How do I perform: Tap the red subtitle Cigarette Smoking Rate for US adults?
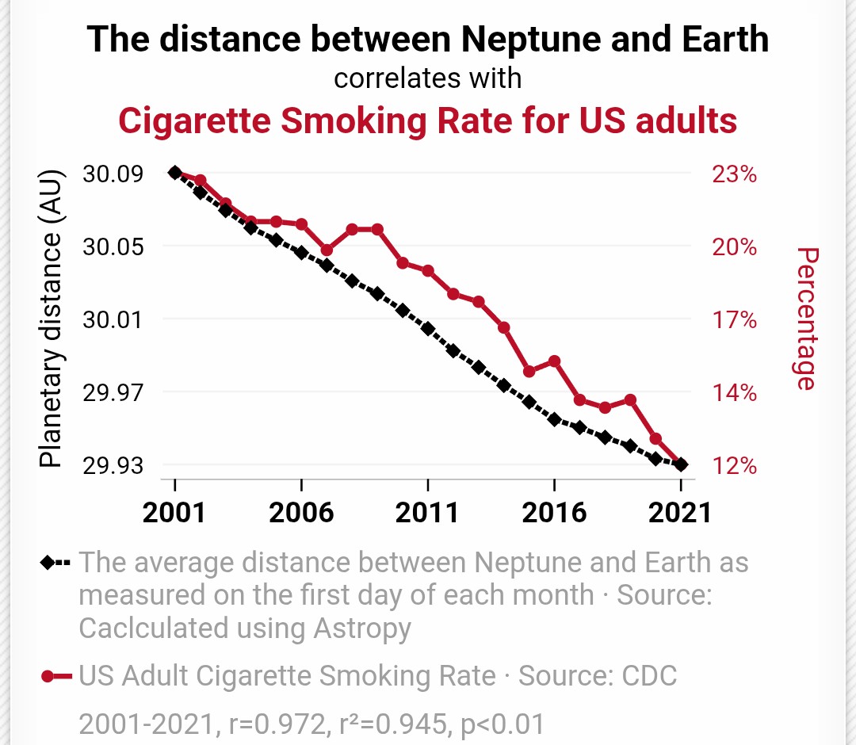point(427,120)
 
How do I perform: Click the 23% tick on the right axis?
point(734,174)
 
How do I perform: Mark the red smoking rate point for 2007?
point(327,250)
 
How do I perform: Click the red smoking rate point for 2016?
point(555,361)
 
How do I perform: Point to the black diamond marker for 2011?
point(428,328)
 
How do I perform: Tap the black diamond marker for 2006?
point(301,253)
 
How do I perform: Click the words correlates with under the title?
point(427,78)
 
